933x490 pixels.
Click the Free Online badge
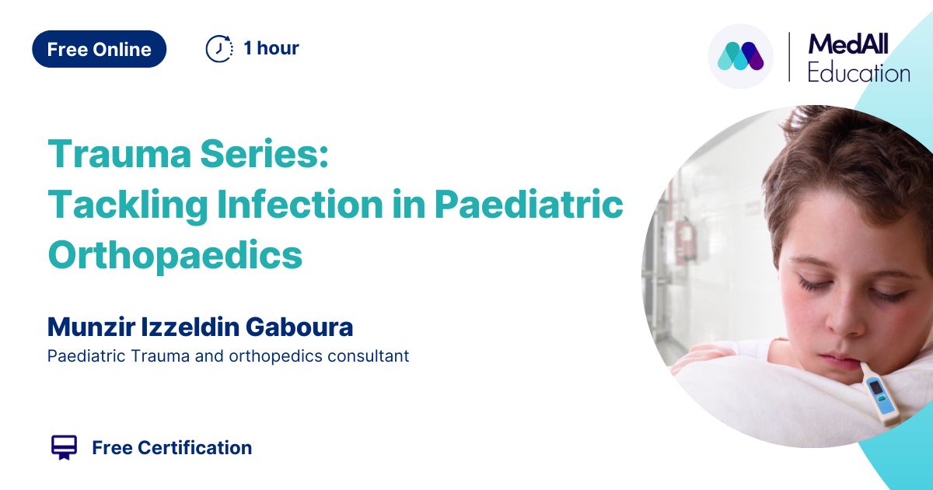[x=100, y=49]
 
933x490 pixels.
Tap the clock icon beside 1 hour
[x=219, y=49]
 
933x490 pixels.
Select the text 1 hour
[x=271, y=48]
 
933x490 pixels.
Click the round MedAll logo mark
[x=740, y=56]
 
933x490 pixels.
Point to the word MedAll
[x=848, y=44]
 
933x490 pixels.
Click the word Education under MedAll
[x=859, y=73]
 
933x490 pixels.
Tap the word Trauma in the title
[x=120, y=154]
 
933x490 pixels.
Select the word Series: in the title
[x=264, y=154]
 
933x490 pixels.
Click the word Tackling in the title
[x=128, y=205]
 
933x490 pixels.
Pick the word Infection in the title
[x=300, y=204]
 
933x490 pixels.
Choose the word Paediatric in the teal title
[x=529, y=204]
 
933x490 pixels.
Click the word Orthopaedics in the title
[x=175, y=255]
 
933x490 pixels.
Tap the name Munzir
[x=91, y=327]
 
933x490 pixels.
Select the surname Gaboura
[x=299, y=327]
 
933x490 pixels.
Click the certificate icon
[x=64, y=447]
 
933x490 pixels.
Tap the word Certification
[x=195, y=448]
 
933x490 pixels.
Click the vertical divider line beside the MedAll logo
[x=789, y=57]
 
